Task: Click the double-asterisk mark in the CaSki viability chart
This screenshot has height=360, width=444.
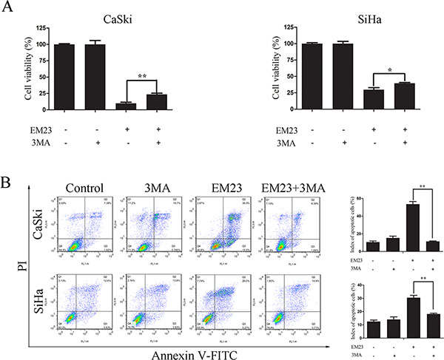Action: [x=143, y=75]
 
